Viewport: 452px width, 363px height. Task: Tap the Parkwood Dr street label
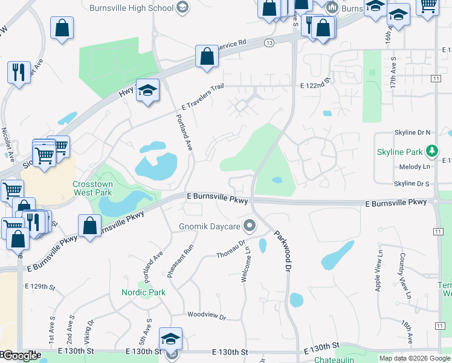(x=283, y=250)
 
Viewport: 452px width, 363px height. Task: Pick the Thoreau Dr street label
(x=231, y=249)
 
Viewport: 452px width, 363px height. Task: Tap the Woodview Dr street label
(x=206, y=316)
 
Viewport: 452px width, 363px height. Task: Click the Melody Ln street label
(x=415, y=167)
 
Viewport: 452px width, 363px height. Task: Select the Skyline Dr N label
(x=412, y=132)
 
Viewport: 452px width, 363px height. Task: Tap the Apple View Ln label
(x=379, y=271)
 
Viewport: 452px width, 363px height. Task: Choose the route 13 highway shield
(x=269, y=42)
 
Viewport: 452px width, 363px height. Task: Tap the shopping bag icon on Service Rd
(x=207, y=56)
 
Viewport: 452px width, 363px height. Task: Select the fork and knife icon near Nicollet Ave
(x=19, y=71)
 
